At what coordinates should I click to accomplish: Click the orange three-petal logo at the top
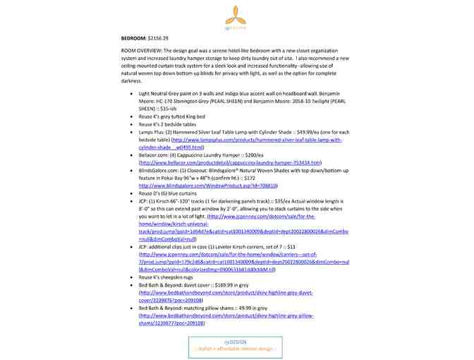coord(236,15)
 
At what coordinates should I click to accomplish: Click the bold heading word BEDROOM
coord(133,37)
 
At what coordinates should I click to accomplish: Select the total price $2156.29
coord(159,37)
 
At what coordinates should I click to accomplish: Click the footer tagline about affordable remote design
coord(234,349)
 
